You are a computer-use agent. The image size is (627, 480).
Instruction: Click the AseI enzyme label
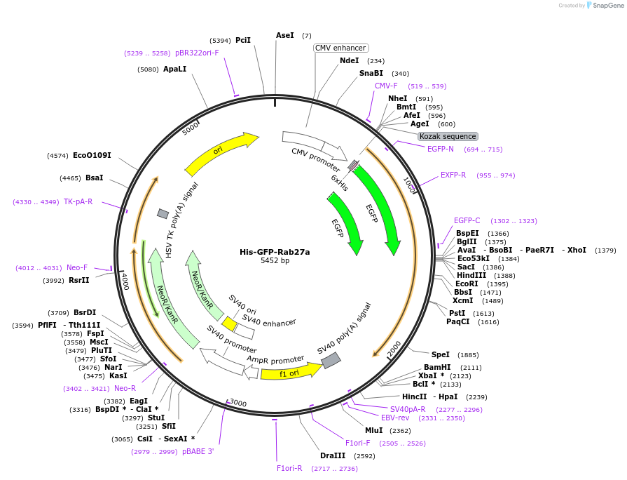point(285,35)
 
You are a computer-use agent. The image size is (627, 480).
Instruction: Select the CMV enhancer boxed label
point(340,48)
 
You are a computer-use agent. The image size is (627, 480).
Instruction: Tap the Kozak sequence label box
point(448,136)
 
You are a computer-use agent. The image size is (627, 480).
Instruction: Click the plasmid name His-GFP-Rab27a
point(275,252)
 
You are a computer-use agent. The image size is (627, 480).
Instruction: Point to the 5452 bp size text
point(275,260)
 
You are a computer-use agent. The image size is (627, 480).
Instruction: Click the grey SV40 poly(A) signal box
point(331,361)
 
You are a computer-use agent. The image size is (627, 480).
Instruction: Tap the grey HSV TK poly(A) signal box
point(163,213)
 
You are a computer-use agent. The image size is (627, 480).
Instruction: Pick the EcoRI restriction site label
point(467,284)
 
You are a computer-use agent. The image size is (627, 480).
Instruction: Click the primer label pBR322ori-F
point(197,53)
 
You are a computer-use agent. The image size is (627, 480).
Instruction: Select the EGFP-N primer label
point(441,149)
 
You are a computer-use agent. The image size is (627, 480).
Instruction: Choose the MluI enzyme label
point(374,430)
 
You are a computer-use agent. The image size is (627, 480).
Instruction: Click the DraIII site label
point(333,455)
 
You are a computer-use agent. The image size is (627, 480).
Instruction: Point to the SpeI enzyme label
point(441,354)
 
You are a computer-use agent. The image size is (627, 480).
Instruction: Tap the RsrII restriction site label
point(79,280)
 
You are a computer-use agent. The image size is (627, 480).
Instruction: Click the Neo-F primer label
point(77,267)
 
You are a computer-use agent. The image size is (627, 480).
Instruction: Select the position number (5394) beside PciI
point(221,41)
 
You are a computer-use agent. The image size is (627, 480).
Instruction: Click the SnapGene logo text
point(607,6)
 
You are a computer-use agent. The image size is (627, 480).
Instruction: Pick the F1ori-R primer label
point(289,468)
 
